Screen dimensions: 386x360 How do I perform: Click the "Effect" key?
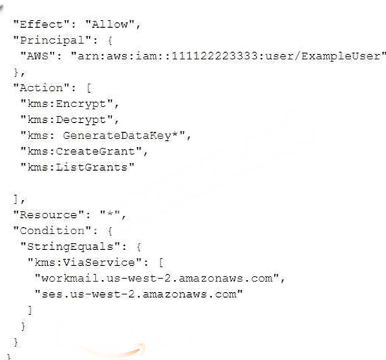[41, 24]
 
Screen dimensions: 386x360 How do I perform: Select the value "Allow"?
[110, 24]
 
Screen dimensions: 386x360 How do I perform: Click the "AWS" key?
[38, 56]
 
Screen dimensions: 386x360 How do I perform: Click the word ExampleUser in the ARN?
[341, 56]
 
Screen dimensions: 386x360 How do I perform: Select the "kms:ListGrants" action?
[78, 167]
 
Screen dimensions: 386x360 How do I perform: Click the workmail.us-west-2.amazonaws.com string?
[157, 279]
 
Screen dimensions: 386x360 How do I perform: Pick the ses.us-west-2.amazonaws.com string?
[139, 294]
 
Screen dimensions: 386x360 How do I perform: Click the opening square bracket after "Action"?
[89, 88]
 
